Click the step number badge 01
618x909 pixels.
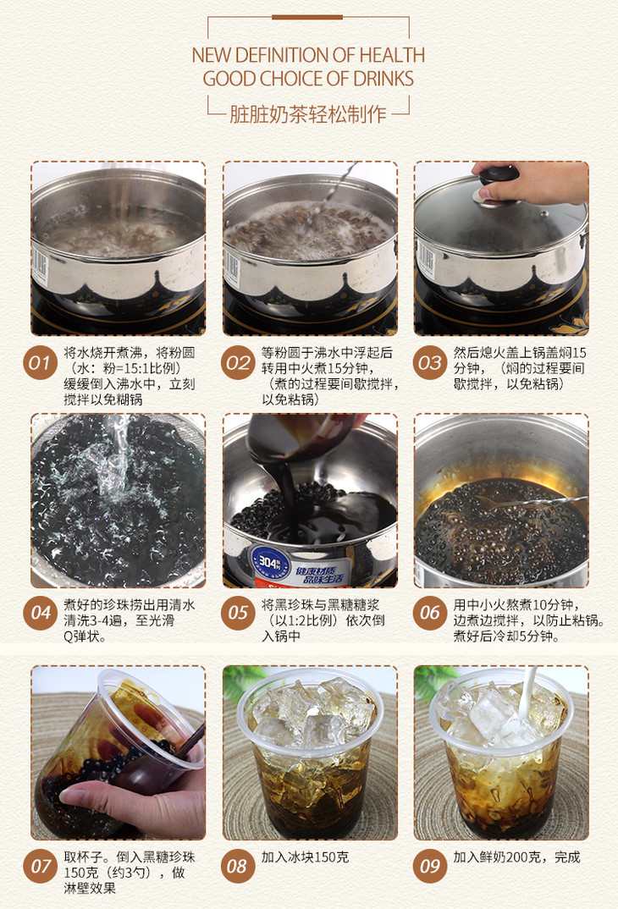[x=40, y=363]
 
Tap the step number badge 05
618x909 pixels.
[x=238, y=612]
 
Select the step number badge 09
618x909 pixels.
[x=429, y=866]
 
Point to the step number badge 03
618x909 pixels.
[x=429, y=363]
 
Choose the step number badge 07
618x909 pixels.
[x=40, y=866]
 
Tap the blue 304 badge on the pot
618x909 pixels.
[x=268, y=561]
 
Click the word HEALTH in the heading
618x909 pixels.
[x=392, y=55]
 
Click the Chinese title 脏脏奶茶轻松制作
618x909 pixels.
[x=308, y=113]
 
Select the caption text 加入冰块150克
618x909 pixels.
[x=305, y=857]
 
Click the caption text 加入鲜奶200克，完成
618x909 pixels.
[x=516, y=857]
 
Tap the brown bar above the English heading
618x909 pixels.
[x=307, y=18]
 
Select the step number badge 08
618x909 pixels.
[x=238, y=866]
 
